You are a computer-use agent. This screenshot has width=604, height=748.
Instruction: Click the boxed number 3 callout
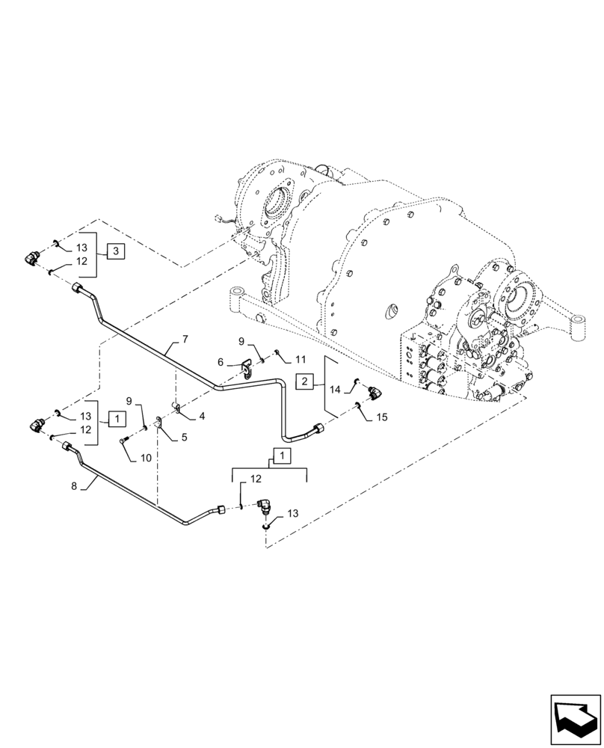pyautogui.click(x=115, y=251)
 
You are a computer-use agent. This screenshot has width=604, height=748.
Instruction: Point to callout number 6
pyautogui.click(x=221, y=361)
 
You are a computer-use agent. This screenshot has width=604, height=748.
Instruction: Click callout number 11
pyautogui.click(x=280, y=360)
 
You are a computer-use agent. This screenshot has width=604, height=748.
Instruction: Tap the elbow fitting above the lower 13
pyautogui.click(x=262, y=506)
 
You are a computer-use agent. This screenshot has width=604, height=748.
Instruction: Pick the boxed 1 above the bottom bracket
pyautogui.click(x=278, y=456)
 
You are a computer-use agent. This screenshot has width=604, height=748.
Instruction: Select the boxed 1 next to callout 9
pyautogui.click(x=115, y=418)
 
